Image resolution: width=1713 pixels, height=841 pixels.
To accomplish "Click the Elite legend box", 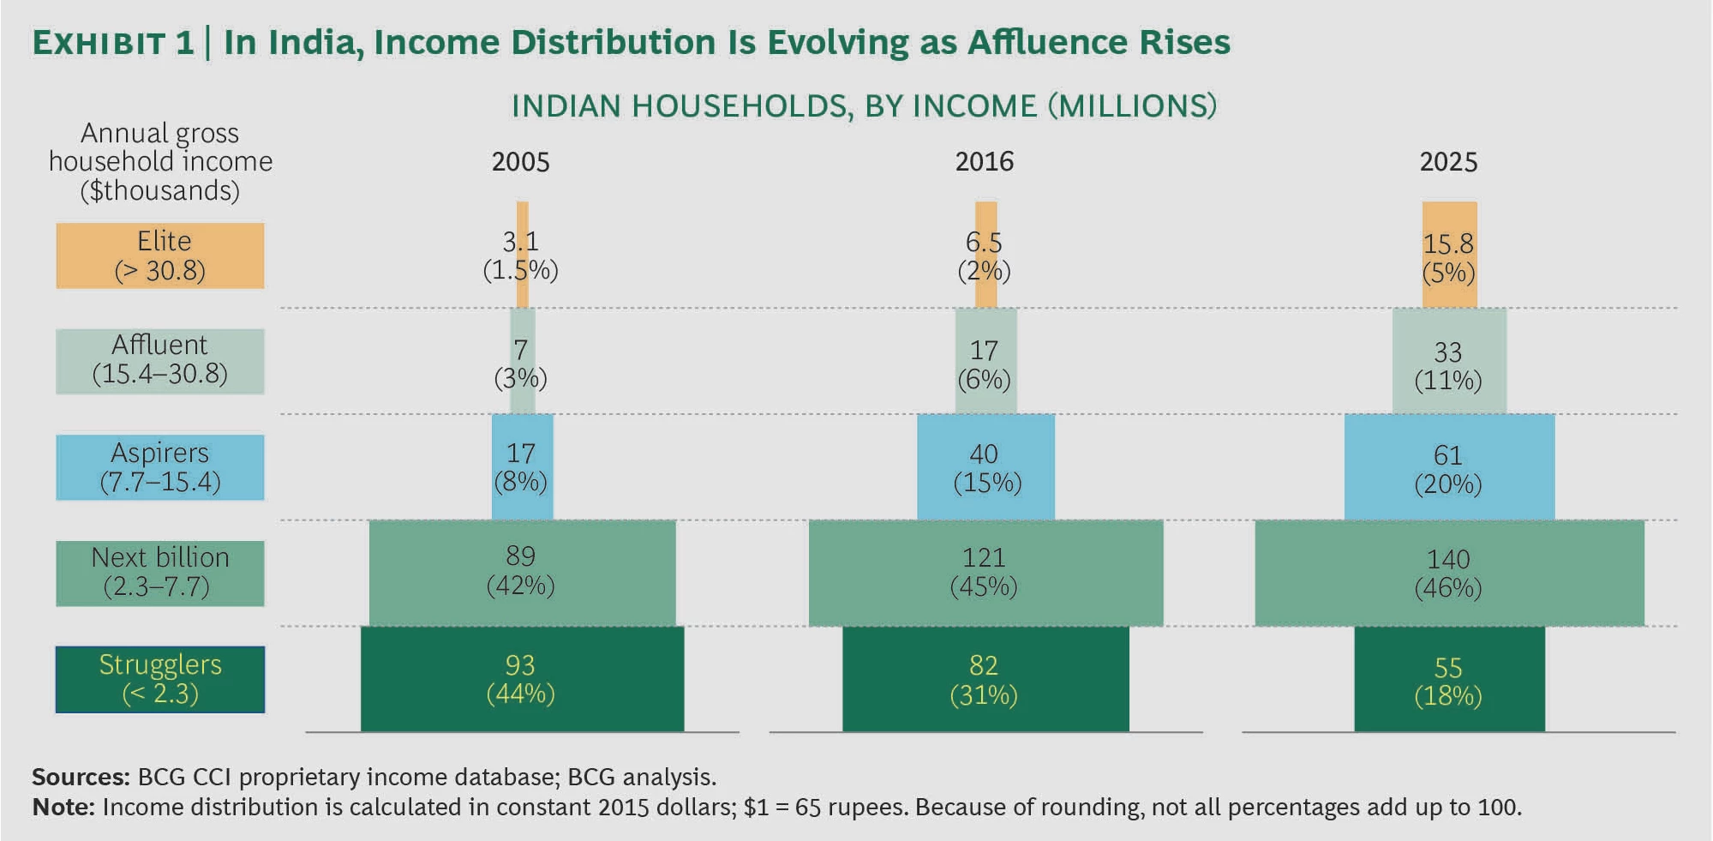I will pos(160,255).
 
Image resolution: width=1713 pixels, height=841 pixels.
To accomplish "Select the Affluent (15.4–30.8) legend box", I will pos(160,361).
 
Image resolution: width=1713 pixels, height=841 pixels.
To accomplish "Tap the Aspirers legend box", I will pos(160,467).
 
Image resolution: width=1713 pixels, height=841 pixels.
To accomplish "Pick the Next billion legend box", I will pos(160,573).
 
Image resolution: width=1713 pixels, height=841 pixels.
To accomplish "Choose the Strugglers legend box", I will pos(160,679).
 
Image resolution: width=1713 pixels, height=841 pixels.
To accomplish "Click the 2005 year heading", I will pos(520,162).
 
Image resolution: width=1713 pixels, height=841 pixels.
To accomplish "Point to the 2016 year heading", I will pos(984,162).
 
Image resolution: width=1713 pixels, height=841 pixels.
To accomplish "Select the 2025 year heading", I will pos(1448,162).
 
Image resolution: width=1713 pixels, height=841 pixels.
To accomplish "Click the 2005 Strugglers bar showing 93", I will pos(522,679).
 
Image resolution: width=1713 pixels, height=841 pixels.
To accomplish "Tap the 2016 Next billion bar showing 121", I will pos(985,573).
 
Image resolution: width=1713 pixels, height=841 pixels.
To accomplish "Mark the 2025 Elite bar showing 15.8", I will pos(1449,255).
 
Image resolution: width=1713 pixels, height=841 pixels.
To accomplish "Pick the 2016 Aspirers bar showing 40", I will pos(985,467).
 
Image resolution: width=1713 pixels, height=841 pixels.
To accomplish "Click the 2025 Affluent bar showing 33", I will pos(1449,361).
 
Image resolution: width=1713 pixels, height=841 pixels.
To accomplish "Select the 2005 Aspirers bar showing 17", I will pos(522,467).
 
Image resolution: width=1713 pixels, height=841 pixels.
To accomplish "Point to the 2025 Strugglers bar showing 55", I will pos(1449,679).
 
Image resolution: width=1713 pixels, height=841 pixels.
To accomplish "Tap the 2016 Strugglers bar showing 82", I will pos(985,679).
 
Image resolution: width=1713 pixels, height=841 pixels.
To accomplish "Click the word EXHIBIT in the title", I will pos(99,44).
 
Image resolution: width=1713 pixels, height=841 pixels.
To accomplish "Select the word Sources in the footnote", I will pos(80,777).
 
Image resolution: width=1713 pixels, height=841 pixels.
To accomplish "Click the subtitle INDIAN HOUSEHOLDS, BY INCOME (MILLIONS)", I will pos(864,106).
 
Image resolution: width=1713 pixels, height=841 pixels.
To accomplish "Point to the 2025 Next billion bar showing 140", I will pos(1449,573).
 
